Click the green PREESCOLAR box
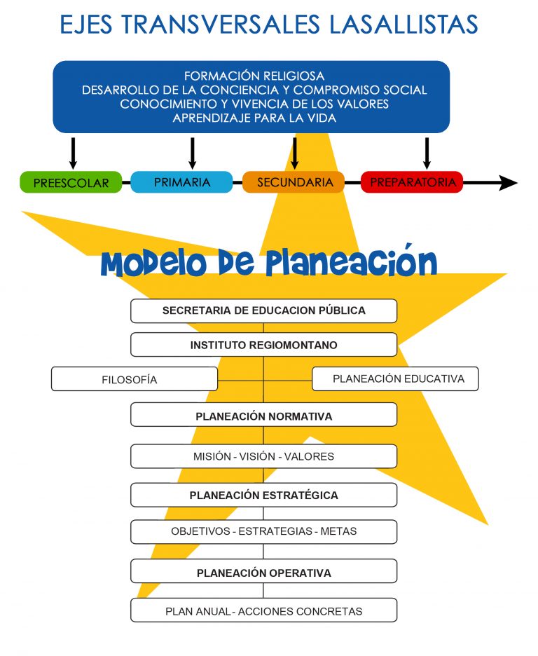pos(71,182)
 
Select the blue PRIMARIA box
pos(181,182)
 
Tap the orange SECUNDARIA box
pos(294,182)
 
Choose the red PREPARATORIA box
pos(412,182)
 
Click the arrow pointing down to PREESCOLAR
pos(73,153)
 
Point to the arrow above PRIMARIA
pos(192,153)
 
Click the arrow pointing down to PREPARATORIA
pos(427,153)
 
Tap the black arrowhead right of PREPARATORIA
pos(509,183)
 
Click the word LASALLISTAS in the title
pos(403,25)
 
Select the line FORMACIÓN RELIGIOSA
pos(254,76)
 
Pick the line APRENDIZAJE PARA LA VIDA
pos(254,118)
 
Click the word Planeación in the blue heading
pos(351,262)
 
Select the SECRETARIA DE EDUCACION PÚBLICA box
pos(264,311)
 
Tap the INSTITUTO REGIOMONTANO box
pos(264,345)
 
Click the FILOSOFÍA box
pos(134,379)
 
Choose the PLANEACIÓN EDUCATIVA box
pos(396,378)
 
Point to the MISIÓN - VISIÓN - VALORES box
pos(264,456)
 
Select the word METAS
pos(338,531)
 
